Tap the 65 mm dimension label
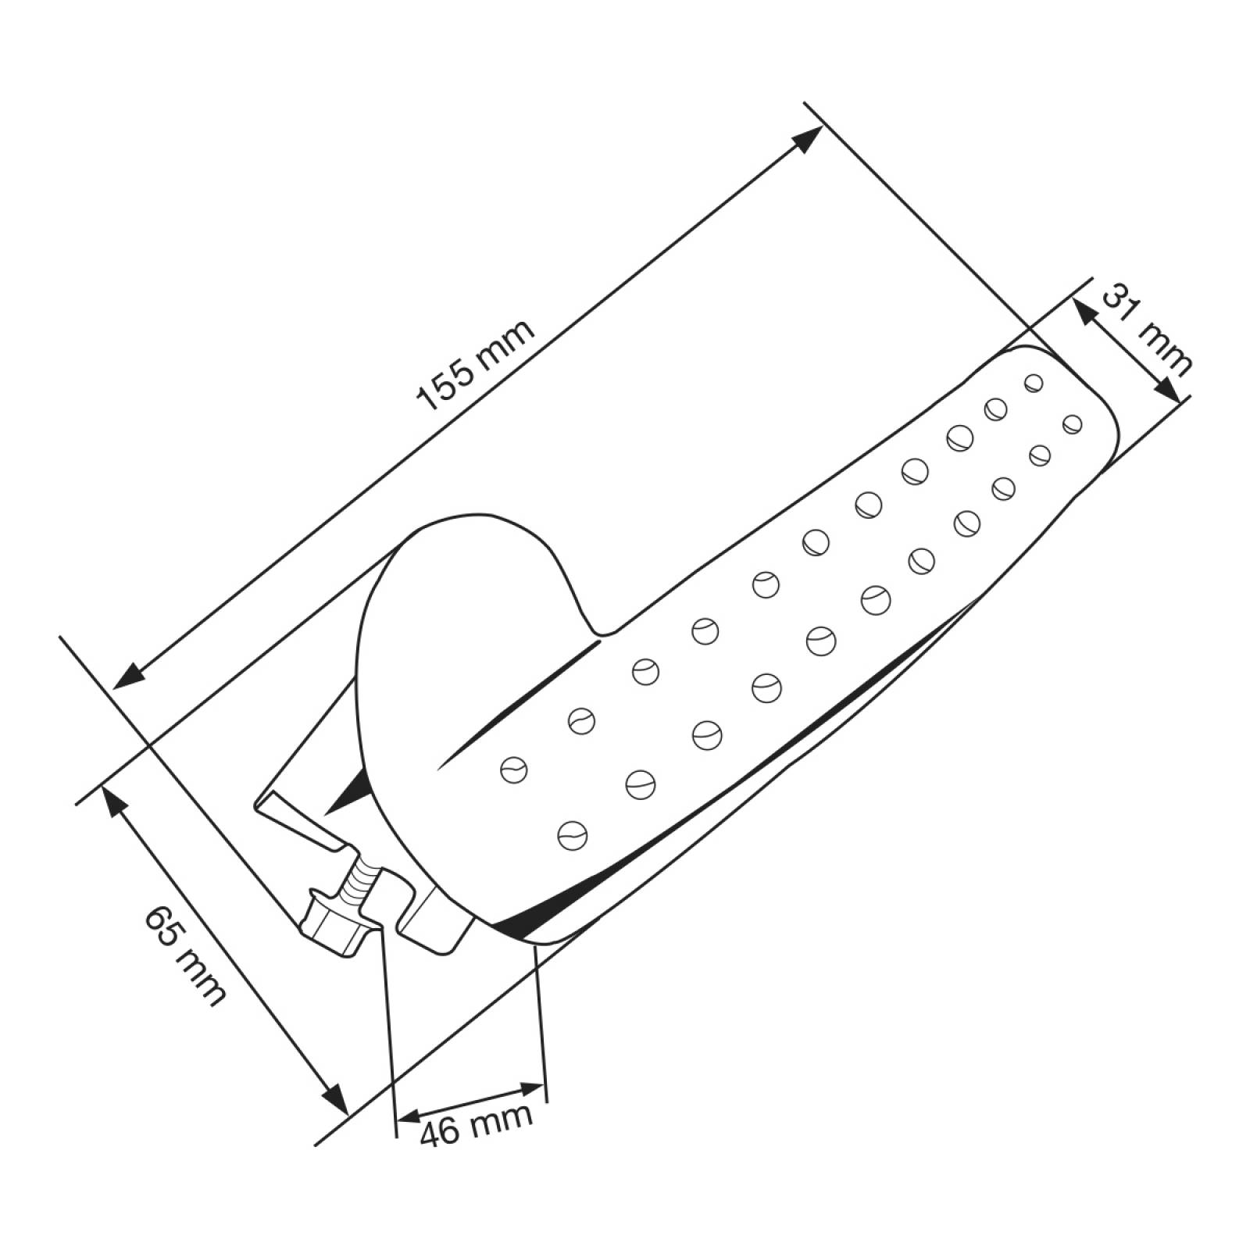(186, 955)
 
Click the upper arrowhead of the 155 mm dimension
(808, 138)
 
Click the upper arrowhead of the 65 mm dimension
(112, 800)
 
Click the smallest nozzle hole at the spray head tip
(1034, 382)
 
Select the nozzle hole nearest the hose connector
(572, 835)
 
